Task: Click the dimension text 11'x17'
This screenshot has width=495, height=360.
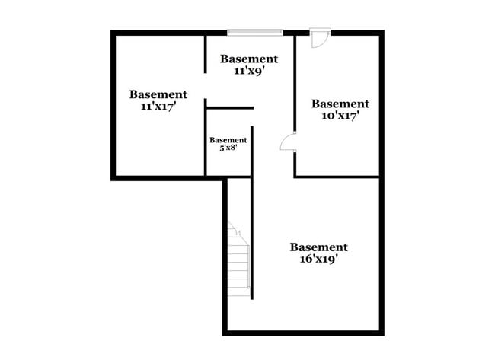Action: [158, 107]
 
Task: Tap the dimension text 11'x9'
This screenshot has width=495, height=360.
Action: [248, 71]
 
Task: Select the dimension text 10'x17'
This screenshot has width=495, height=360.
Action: [340, 116]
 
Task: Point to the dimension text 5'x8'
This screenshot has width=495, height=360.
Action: [228, 149]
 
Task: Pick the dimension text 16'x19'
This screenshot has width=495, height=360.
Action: [318, 259]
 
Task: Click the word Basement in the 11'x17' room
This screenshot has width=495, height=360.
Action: [158, 95]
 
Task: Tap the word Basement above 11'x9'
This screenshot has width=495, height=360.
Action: [249, 59]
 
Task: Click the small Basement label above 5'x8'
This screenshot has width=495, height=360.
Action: [228, 140]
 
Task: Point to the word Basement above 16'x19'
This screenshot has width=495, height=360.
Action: [318, 247]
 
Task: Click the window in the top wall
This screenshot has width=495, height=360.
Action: [254, 32]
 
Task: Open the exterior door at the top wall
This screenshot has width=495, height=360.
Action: [320, 38]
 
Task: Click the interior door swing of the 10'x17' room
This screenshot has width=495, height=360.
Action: [289, 142]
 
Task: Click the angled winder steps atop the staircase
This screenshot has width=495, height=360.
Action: [235, 229]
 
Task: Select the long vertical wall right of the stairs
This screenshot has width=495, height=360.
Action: [252, 213]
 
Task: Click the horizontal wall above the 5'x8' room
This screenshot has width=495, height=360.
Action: [229, 108]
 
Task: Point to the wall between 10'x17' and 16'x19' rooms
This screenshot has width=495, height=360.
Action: [337, 177]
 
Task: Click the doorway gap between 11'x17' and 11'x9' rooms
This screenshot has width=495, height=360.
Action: [206, 85]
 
